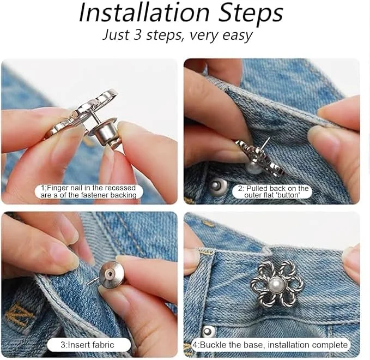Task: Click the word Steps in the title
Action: coord(251,14)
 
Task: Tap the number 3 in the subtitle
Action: coord(137,35)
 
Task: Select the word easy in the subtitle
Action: coord(237,36)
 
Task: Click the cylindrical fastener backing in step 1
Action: coord(104,134)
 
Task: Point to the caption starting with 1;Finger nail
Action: coord(88,191)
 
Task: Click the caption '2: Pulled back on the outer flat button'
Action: coord(272,191)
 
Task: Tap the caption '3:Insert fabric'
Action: coord(88,345)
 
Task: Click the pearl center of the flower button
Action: coord(276,283)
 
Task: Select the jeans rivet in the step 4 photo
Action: coord(208,331)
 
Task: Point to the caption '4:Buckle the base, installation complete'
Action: coord(270,345)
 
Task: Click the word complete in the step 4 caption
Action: coord(330,345)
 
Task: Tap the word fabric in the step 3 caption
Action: coord(103,345)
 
